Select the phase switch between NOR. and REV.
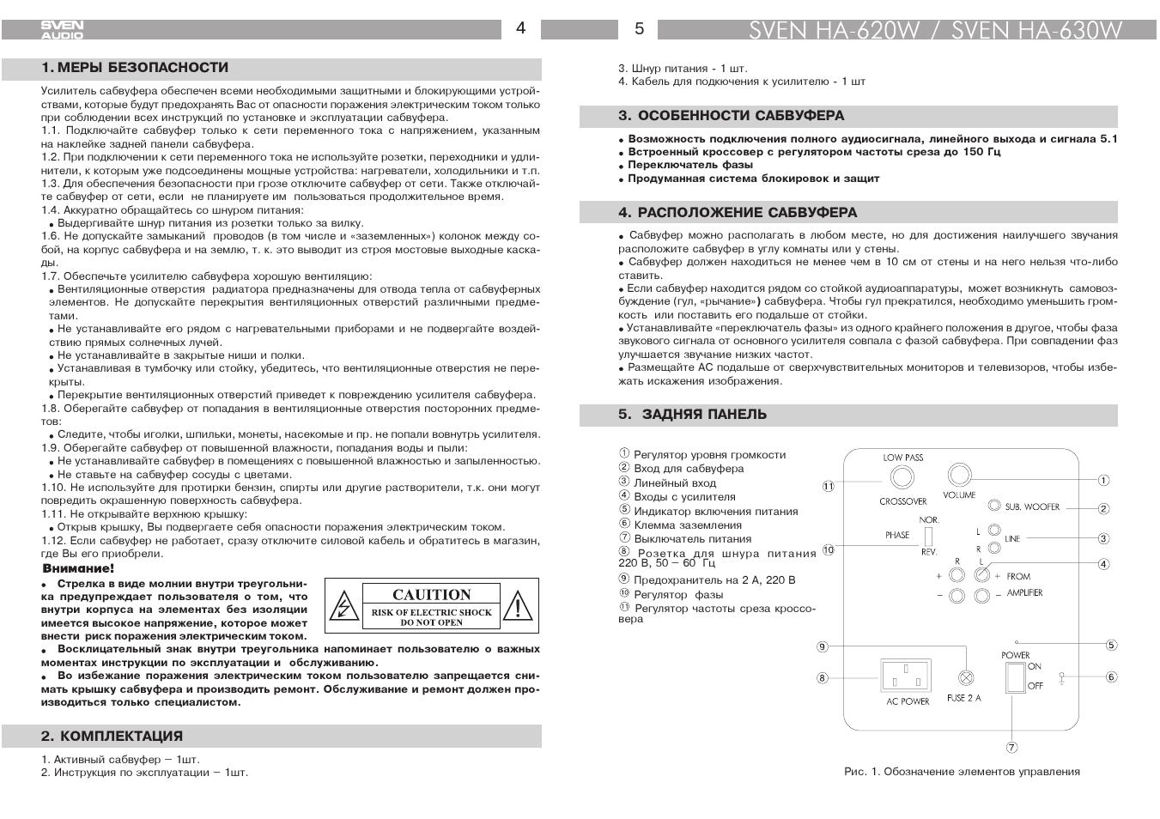928,536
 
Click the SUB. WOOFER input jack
994,507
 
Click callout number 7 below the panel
1012,747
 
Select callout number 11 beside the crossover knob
828,486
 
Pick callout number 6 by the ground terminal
1111,677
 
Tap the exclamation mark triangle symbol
517,605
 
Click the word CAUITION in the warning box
431,594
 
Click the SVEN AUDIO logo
63,30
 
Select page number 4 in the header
520,28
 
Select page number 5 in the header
639,29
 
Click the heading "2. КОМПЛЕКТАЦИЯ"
112,736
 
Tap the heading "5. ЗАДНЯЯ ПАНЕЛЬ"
692,415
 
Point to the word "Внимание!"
78,568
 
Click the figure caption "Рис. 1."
862,772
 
